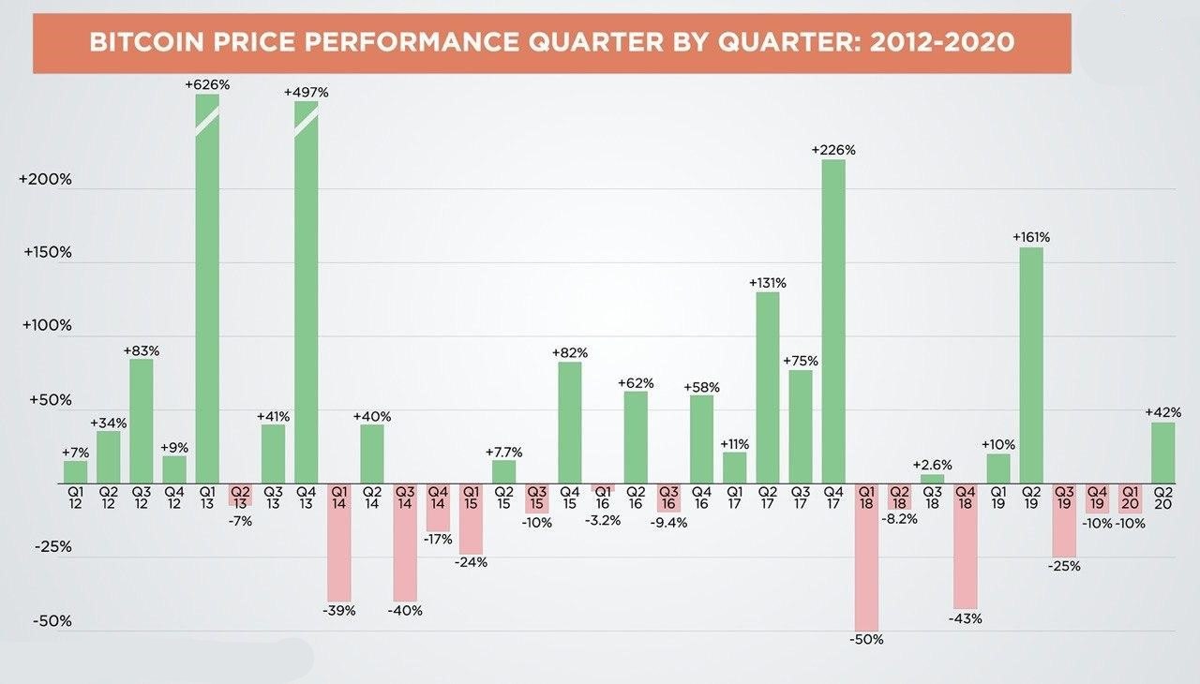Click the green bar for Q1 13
click(x=207, y=289)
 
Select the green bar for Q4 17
click(x=833, y=321)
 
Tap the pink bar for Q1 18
click(x=866, y=558)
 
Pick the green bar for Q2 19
click(x=1031, y=365)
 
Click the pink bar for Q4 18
click(x=966, y=546)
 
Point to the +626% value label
click(x=207, y=84)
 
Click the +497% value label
click(x=306, y=92)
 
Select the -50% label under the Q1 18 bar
click(x=866, y=640)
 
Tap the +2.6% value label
click(x=932, y=465)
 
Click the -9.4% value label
click(x=668, y=523)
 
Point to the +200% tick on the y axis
click(x=45, y=179)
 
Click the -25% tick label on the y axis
click(x=53, y=546)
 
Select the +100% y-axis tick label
click(x=47, y=325)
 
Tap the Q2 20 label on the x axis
click(x=1163, y=498)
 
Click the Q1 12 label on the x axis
click(x=76, y=498)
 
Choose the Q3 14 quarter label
click(x=405, y=498)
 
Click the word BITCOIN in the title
click(x=146, y=42)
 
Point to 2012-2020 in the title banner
click(x=941, y=42)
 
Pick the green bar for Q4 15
click(x=569, y=423)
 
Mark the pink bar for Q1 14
click(x=339, y=543)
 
